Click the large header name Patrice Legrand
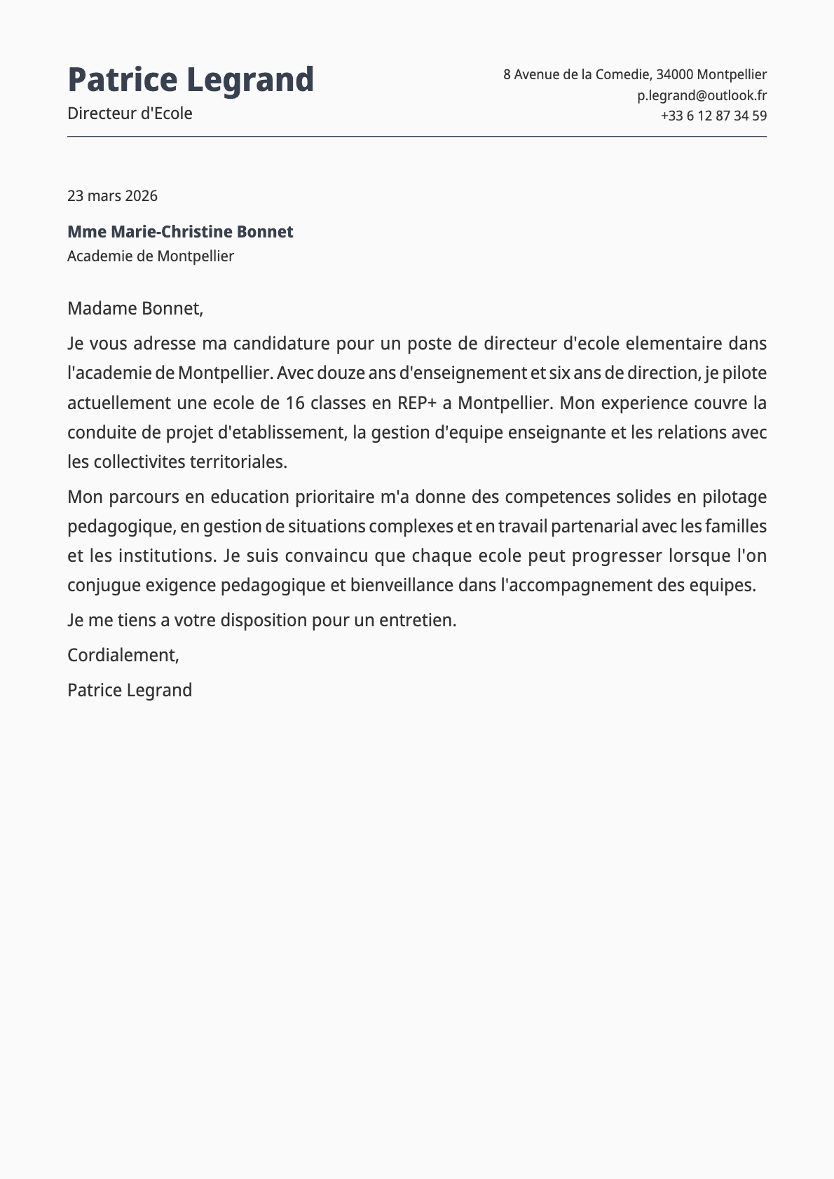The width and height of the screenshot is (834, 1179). tap(191, 80)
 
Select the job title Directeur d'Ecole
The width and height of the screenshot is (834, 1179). tap(130, 113)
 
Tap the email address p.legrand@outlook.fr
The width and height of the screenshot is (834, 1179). tap(702, 95)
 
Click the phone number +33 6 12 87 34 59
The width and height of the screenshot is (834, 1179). tap(713, 116)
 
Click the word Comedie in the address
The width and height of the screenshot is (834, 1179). tap(622, 74)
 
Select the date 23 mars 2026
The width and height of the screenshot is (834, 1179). tap(112, 195)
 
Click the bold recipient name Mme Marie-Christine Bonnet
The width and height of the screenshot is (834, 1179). tap(180, 232)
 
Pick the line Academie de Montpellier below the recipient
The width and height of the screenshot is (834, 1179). tap(151, 256)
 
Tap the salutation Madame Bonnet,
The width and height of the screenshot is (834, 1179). tap(135, 308)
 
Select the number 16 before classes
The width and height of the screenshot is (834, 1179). tap(294, 403)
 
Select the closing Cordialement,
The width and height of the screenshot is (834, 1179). tap(123, 655)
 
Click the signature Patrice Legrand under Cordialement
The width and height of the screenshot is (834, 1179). tap(130, 690)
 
